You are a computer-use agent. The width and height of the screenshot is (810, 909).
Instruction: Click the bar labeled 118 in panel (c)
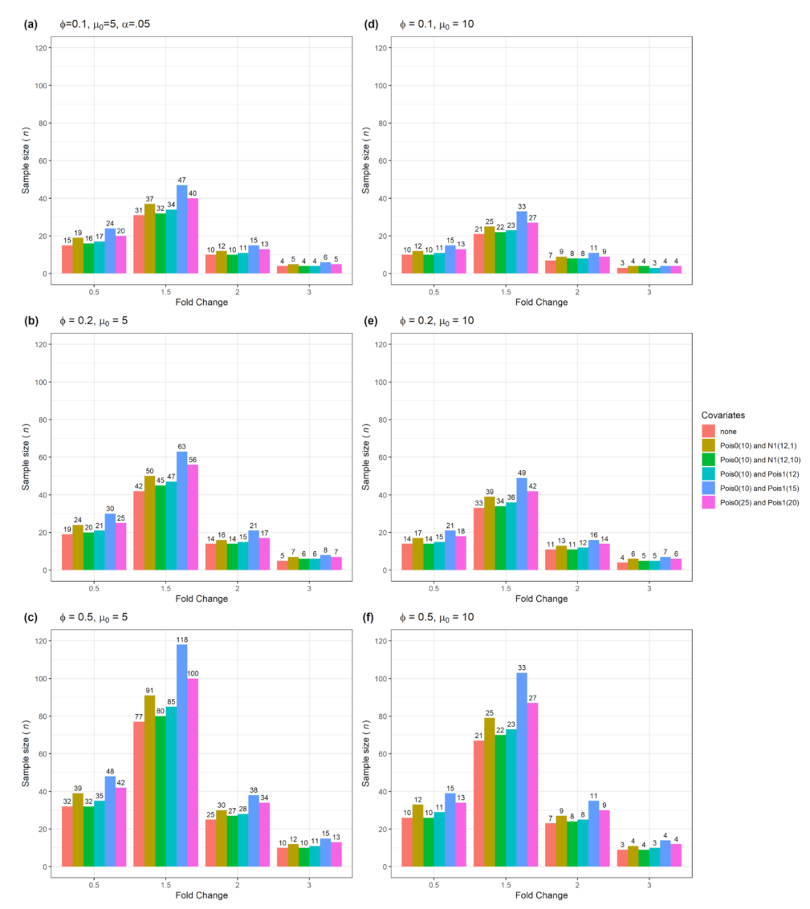[182, 756]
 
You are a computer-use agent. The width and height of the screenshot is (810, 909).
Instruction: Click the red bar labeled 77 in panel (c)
[138, 794]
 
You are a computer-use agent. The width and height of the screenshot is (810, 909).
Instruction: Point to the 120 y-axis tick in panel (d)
[385, 48]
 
